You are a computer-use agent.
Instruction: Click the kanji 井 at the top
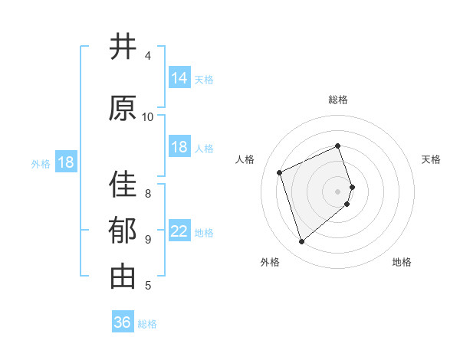[x=123, y=47]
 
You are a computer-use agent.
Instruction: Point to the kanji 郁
[x=123, y=231]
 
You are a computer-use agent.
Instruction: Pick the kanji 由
[x=123, y=277]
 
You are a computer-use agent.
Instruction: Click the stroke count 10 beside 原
[x=148, y=116]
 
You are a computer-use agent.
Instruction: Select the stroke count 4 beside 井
[x=148, y=56]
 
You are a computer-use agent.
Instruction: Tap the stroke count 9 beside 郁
[x=148, y=239]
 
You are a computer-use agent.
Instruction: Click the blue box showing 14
[x=179, y=78]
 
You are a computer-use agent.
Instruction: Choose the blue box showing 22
[x=179, y=231]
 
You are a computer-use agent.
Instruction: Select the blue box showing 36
[x=123, y=322]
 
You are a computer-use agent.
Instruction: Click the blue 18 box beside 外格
[x=64, y=162]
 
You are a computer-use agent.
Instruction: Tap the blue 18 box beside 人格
[x=179, y=147]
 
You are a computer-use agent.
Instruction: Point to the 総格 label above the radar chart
[x=338, y=100]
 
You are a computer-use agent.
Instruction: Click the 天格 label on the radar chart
[x=432, y=159]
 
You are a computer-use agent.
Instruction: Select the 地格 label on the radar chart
[x=402, y=262]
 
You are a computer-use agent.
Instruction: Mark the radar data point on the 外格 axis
[x=301, y=242]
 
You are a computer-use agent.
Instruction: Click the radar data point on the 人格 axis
[x=280, y=172]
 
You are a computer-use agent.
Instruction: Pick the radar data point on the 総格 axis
[x=338, y=146]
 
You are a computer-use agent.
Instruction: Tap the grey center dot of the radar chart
[x=338, y=191]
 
